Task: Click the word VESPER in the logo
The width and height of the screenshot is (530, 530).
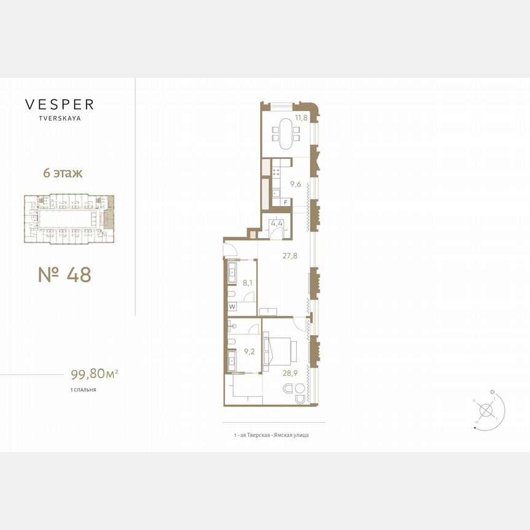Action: (59, 104)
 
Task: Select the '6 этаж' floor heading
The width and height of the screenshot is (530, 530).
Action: (63, 173)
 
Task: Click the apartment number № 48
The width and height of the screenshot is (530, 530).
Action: (64, 275)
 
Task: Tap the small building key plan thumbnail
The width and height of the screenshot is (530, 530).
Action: (68, 218)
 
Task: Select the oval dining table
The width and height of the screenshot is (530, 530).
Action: (286, 133)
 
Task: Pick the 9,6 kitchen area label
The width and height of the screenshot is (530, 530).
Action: (296, 183)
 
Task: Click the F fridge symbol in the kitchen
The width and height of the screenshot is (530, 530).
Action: (285, 202)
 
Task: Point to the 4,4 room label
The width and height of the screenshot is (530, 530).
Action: (276, 223)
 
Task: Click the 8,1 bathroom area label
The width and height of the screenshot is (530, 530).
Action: (247, 284)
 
